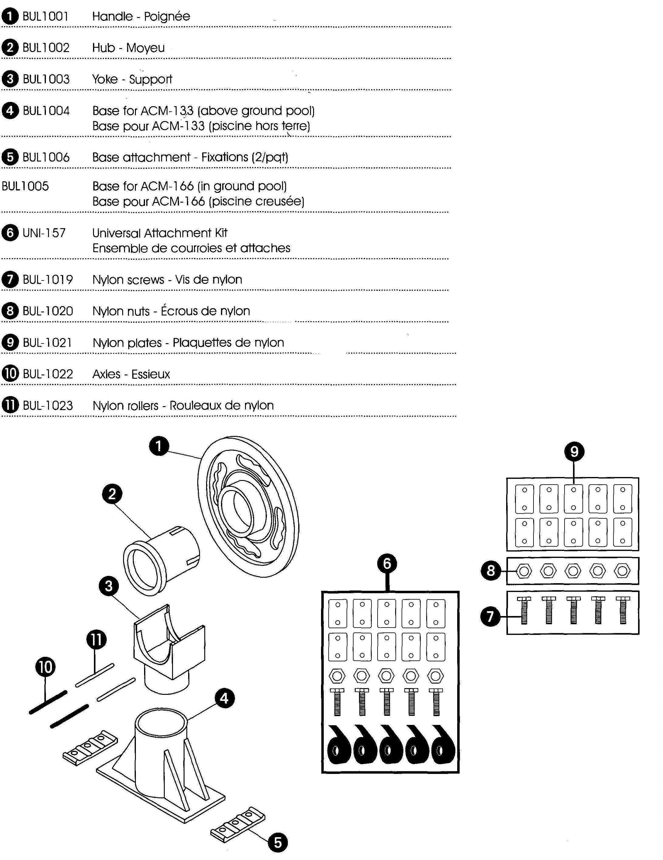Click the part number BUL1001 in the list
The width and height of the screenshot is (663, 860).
pyautogui.click(x=46, y=16)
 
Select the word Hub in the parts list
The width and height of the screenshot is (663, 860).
pyautogui.click(x=103, y=48)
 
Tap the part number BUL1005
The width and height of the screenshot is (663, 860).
pyautogui.click(x=25, y=186)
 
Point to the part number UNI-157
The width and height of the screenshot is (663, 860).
pyautogui.click(x=44, y=233)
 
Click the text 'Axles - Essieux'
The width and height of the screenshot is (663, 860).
pyautogui.click(x=131, y=374)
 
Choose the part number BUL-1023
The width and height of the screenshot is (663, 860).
pyautogui.click(x=48, y=406)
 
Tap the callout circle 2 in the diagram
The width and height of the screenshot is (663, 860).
pyautogui.click(x=112, y=493)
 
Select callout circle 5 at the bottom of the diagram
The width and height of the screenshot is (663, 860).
pyautogui.click(x=278, y=843)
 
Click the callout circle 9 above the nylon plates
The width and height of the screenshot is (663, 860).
pyautogui.click(x=574, y=451)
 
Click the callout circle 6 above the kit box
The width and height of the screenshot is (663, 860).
pyautogui.click(x=387, y=563)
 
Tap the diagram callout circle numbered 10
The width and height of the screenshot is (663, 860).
pyautogui.click(x=46, y=667)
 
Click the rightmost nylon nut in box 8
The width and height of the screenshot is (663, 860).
pyautogui.click(x=622, y=571)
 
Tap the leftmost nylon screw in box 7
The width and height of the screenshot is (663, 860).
pyautogui.click(x=524, y=610)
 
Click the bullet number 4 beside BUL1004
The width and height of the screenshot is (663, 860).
pyautogui.click(x=10, y=111)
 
